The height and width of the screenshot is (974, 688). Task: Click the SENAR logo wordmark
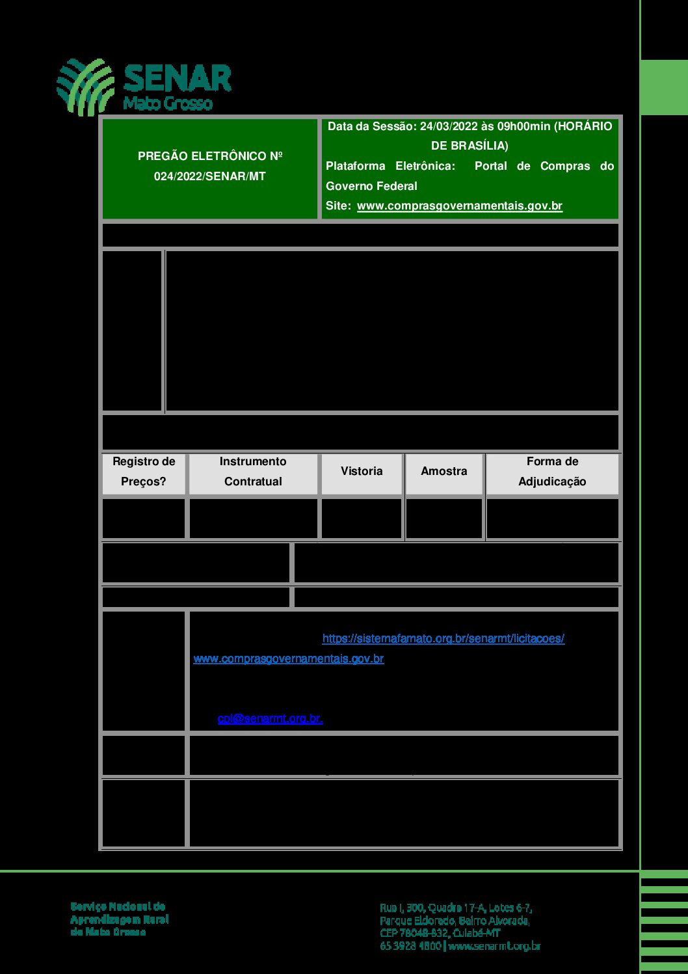(177, 79)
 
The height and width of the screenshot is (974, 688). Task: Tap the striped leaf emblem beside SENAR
(85, 87)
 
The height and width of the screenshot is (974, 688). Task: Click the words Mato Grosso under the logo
(168, 103)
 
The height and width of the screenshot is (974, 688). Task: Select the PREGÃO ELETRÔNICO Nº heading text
(210, 156)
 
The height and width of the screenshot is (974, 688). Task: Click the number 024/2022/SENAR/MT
(210, 176)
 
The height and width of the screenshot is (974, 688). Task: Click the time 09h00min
(523, 126)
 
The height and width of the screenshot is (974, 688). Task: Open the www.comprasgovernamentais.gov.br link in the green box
(459, 206)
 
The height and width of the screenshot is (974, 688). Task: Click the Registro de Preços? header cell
(144, 472)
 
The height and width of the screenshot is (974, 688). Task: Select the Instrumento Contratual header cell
(253, 472)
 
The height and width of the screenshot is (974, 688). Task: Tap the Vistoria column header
(362, 471)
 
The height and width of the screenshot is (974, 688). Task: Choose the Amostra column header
(444, 471)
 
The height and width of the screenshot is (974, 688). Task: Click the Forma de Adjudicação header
(552, 472)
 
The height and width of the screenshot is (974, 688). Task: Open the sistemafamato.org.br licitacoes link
(443, 639)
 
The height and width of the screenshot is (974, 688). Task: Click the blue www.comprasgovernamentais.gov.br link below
(289, 659)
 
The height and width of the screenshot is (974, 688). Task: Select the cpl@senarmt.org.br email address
(270, 719)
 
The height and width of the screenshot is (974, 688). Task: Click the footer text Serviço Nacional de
(118, 906)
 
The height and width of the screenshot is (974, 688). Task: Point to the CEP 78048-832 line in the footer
(440, 933)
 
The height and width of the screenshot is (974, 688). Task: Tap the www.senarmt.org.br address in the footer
(494, 946)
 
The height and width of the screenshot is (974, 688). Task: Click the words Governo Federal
(371, 186)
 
